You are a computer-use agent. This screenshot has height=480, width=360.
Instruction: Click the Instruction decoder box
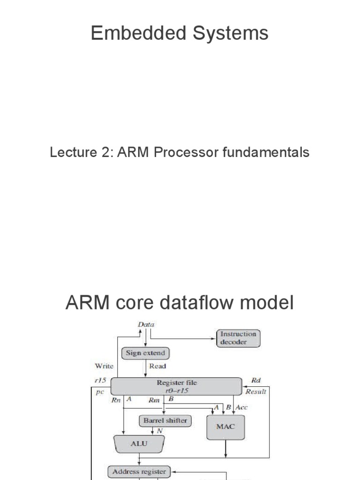pyautogui.click(x=238, y=338)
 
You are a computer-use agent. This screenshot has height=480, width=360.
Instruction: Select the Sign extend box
pyautogui.click(x=145, y=352)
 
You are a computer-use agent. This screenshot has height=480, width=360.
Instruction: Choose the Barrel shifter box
pyautogui.click(x=165, y=420)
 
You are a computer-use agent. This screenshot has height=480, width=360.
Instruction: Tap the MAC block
pyautogui.click(x=225, y=427)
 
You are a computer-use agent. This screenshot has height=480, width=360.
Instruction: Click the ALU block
pyautogui.click(x=139, y=443)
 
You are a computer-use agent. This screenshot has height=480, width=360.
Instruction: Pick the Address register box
pyautogui.click(x=139, y=472)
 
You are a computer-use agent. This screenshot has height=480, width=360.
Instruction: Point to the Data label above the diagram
pyautogui.click(x=146, y=324)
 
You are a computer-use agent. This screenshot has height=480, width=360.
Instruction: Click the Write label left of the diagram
pyautogui.click(x=104, y=366)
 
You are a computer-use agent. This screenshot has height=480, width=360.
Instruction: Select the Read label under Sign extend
pyautogui.click(x=157, y=366)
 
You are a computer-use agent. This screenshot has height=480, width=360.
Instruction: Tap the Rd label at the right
pyautogui.click(x=256, y=380)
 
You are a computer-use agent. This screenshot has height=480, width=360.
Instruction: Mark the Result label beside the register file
pyautogui.click(x=256, y=391)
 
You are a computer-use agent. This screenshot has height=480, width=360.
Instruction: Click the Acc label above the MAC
pyautogui.click(x=242, y=407)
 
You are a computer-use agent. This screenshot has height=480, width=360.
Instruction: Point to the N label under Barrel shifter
pyautogui.click(x=159, y=431)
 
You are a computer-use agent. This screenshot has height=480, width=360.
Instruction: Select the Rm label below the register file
pyautogui.click(x=154, y=400)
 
